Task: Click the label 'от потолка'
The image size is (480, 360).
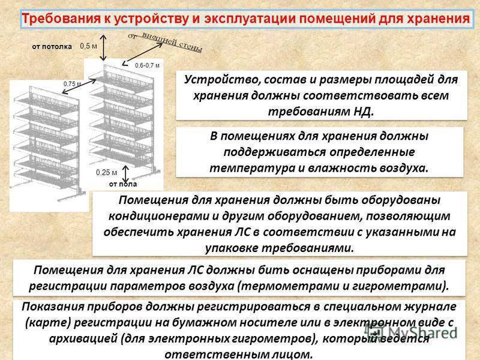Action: pos(52,47)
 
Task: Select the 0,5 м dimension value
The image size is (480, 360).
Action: pos(88,46)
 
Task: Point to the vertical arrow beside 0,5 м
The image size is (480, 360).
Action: pos(103,47)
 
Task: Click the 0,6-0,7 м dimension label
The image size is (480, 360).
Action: pos(147,65)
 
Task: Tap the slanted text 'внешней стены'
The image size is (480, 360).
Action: pos(172,42)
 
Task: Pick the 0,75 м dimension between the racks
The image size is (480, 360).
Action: pos(72,84)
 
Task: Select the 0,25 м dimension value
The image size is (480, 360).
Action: pos(107,173)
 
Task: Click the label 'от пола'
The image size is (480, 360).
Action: pos(123,184)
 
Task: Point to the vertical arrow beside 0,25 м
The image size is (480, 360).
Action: pos(125,174)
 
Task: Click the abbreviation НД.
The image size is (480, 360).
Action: pos(364,111)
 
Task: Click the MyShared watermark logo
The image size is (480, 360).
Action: pos(411,332)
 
